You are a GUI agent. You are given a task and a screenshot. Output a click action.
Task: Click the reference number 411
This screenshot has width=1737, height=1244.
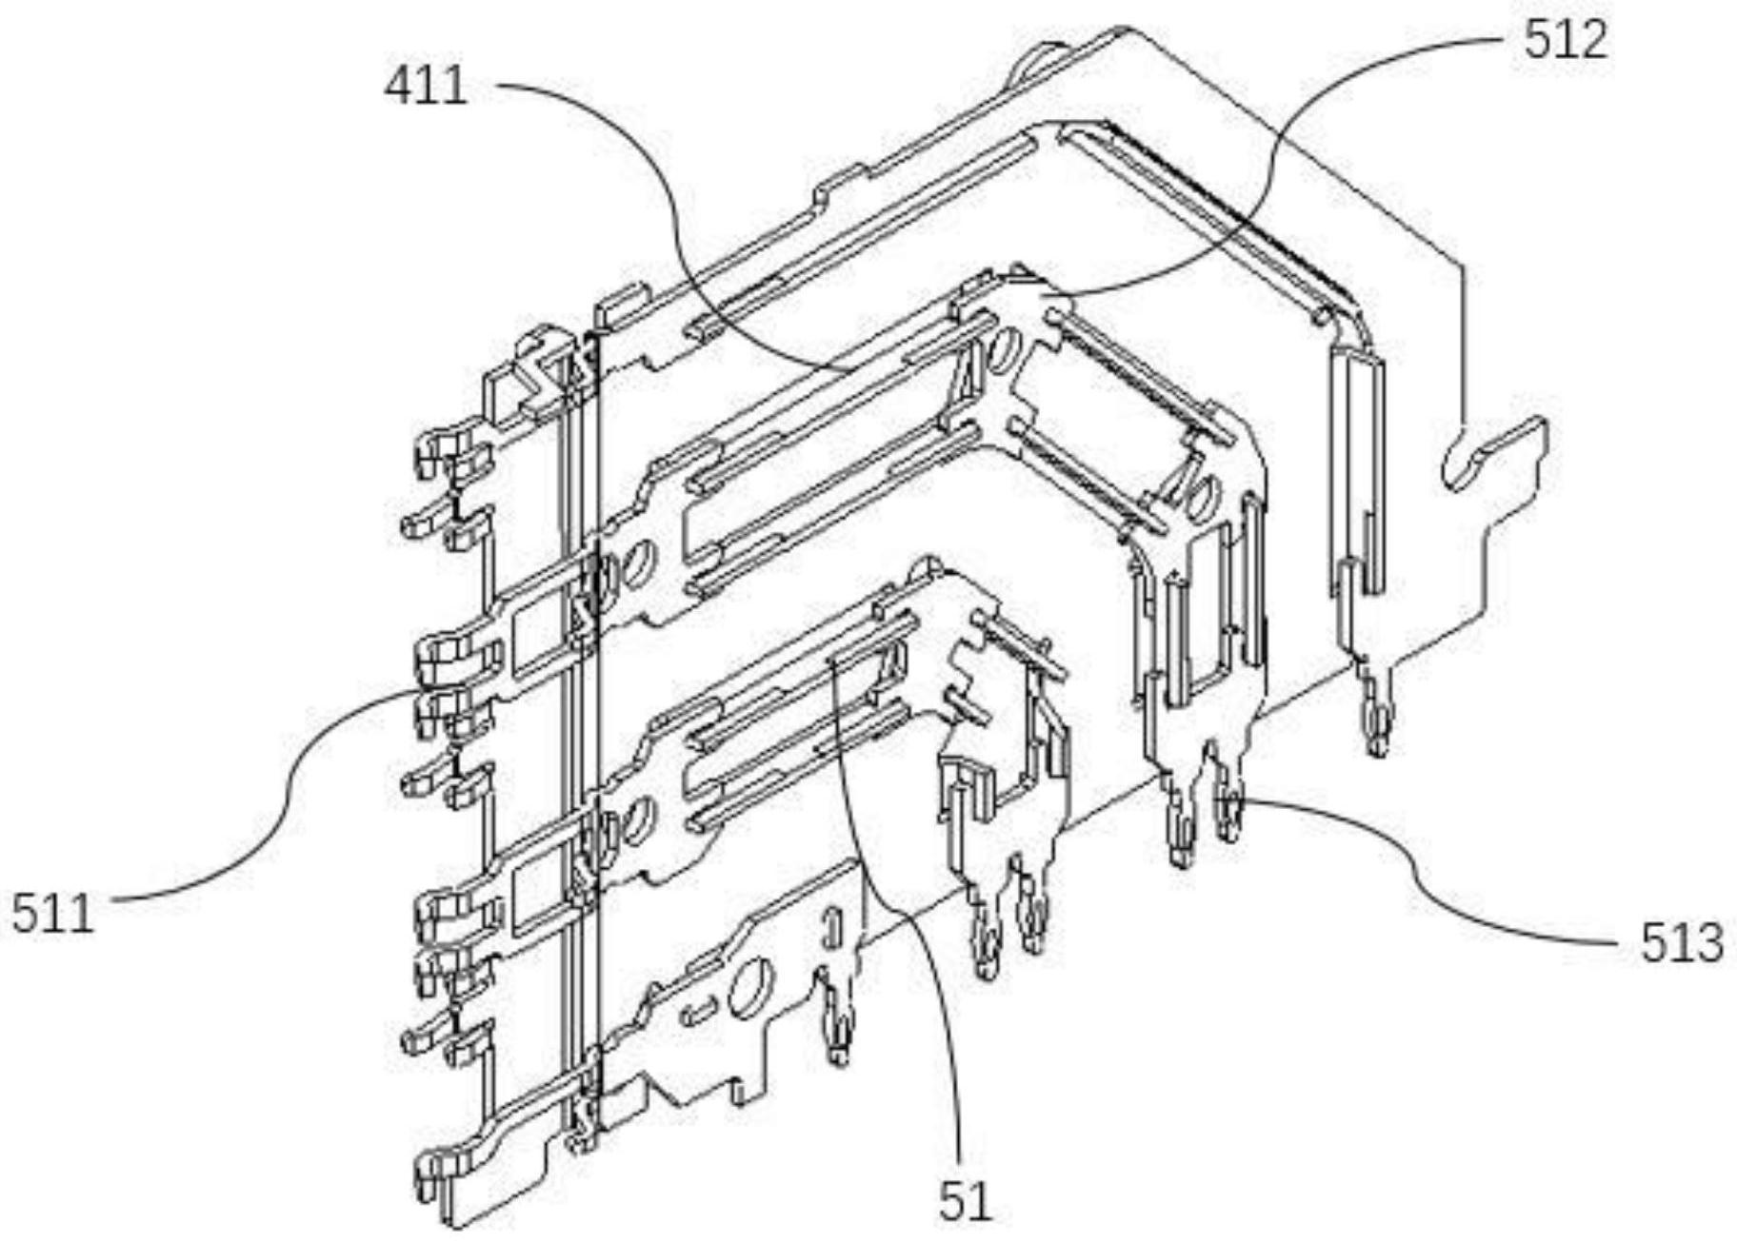pos(426,87)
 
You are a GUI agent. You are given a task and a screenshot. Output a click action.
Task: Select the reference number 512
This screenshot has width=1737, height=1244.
pos(1565,41)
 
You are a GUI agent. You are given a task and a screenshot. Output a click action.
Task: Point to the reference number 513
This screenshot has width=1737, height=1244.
pos(1681,942)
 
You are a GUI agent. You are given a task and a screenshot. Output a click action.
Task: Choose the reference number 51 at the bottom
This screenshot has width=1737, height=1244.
pos(965,1201)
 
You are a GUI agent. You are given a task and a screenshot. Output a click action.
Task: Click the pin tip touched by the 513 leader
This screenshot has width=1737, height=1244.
pos(1228,819)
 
